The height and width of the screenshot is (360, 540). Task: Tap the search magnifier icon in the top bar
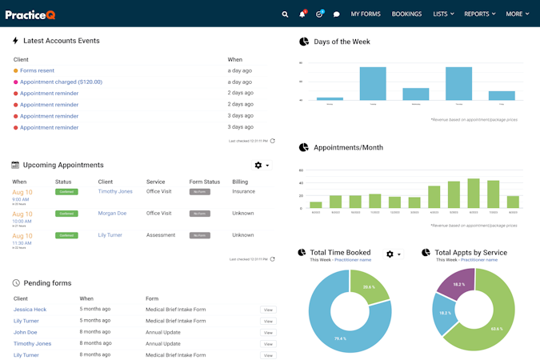click(286, 14)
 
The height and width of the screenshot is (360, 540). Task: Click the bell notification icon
click(302, 14)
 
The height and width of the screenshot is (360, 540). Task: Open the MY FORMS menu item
click(366, 14)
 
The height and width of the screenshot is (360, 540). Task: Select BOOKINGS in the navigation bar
click(406, 14)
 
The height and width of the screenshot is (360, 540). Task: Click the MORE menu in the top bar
click(517, 14)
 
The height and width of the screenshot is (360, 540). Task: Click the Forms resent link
click(38, 70)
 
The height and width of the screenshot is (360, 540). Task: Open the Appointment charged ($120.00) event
click(61, 82)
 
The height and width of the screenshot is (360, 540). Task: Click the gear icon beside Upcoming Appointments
click(258, 165)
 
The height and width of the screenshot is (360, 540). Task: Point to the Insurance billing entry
click(244, 191)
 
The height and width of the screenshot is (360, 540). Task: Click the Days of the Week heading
click(342, 42)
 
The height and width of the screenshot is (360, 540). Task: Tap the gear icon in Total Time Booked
click(390, 254)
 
